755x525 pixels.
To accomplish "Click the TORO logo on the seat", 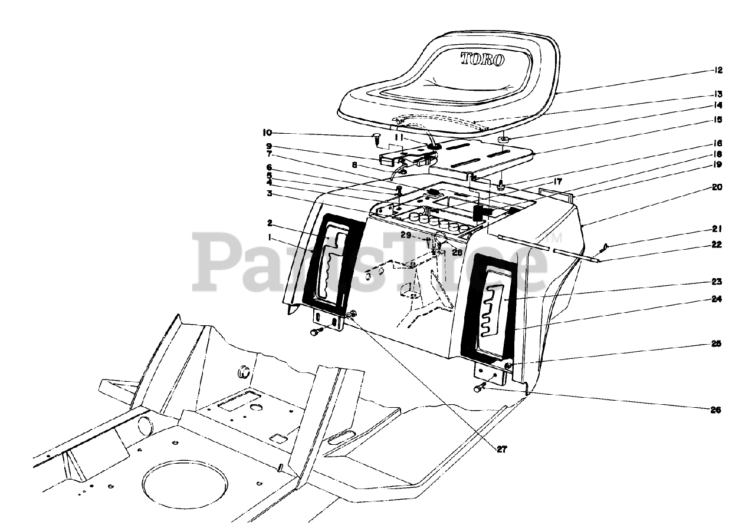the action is click(x=482, y=59).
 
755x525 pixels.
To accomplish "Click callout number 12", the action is click(x=717, y=70).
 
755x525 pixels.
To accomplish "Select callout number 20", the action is click(x=717, y=187).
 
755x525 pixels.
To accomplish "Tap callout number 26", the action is click(x=716, y=410).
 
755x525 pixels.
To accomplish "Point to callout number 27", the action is click(x=501, y=449).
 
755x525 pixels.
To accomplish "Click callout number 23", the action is click(x=717, y=282).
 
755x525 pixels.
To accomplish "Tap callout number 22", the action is click(x=717, y=245).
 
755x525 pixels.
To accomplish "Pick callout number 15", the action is click(x=717, y=120).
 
